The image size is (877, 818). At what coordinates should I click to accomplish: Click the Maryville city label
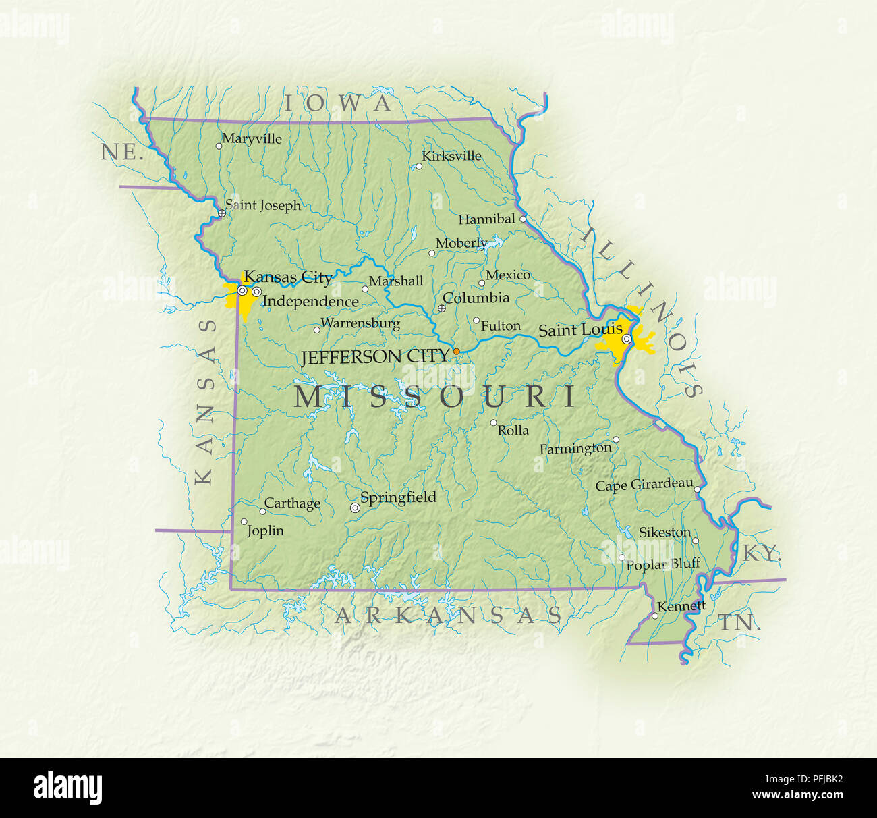pyautogui.click(x=252, y=139)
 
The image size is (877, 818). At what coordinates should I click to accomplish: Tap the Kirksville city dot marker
pyautogui.click(x=418, y=166)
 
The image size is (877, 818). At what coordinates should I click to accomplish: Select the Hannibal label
pyautogui.click(x=486, y=219)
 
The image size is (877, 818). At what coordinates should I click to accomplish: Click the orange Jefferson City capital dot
pyautogui.click(x=457, y=352)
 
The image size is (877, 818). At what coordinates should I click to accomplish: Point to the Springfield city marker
pyautogui.click(x=355, y=508)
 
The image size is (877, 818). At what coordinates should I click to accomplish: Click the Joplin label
pyautogui.click(x=265, y=531)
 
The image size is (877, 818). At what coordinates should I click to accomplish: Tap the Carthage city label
pyautogui.click(x=292, y=503)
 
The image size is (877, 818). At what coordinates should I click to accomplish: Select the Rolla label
pyautogui.click(x=513, y=431)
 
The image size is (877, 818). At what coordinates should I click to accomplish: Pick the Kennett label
pyautogui.click(x=681, y=606)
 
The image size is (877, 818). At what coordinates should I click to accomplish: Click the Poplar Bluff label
pyautogui.click(x=663, y=564)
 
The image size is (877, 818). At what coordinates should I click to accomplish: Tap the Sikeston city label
pyautogui.click(x=664, y=533)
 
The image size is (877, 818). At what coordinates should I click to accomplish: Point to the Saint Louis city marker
pyautogui.click(x=626, y=339)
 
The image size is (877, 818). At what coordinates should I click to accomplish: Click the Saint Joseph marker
pyautogui.click(x=221, y=213)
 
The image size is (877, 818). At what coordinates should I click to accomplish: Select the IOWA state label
pyautogui.click(x=337, y=103)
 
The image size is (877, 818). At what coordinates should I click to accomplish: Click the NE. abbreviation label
pyautogui.click(x=122, y=153)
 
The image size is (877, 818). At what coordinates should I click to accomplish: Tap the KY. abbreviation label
pyautogui.click(x=762, y=554)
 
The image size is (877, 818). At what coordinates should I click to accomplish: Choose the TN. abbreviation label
pyautogui.click(x=739, y=623)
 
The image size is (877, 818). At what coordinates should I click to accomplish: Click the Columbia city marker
pyautogui.click(x=442, y=308)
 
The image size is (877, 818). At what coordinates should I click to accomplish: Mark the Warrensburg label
pyautogui.click(x=360, y=323)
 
